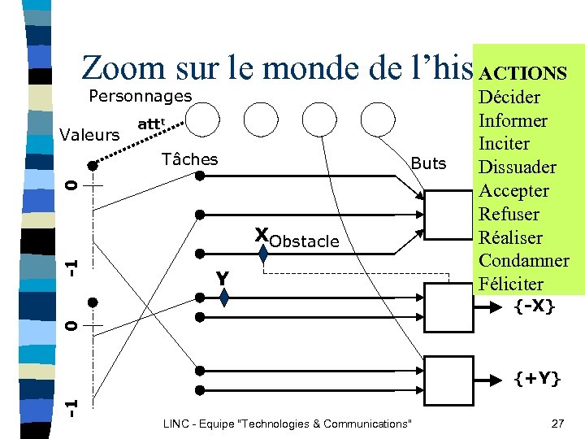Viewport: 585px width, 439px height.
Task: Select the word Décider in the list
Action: [511, 98]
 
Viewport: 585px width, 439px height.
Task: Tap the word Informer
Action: [513, 121]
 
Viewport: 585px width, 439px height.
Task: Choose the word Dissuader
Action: [518, 167]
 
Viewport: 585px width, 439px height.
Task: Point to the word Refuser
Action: [509, 215]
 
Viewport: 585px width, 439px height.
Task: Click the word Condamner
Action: [524, 261]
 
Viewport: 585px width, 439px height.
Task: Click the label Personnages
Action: [140, 96]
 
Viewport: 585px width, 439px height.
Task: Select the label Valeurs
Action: [89, 135]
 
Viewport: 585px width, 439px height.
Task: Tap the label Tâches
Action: [189, 159]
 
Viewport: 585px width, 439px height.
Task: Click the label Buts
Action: [429, 163]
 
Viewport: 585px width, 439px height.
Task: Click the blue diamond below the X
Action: [263, 254]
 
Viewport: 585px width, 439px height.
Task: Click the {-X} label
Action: [533, 306]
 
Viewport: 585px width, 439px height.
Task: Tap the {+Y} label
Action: [536, 378]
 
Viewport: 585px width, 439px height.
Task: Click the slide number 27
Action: [557, 424]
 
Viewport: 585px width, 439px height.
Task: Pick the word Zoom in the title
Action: [122, 68]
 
